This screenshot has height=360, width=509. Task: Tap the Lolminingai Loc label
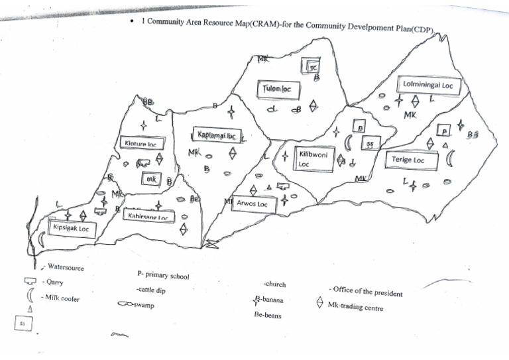[x=427, y=86]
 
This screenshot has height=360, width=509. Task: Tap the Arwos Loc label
[x=253, y=204]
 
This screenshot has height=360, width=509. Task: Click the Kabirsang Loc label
[x=148, y=215]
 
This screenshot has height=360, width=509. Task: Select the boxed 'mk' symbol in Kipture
[x=152, y=179]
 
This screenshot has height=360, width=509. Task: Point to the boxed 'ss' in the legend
[x=23, y=324]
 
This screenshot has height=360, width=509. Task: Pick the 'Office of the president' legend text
[x=365, y=291]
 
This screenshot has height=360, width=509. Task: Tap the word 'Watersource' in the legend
[x=66, y=268]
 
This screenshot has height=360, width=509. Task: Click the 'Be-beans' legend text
[x=268, y=316]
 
